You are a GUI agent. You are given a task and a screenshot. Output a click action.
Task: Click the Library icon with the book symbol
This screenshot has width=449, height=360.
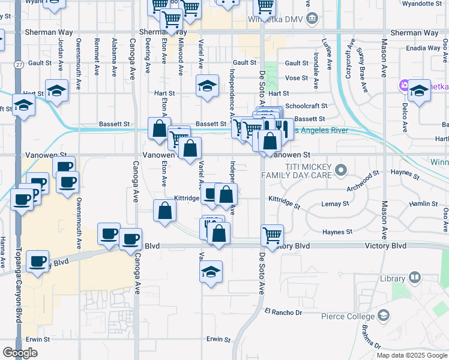click(415, 278)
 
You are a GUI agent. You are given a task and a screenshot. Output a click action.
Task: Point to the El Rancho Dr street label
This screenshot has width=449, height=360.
click(283, 311)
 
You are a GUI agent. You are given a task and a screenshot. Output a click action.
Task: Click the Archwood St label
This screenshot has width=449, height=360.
click(364, 181)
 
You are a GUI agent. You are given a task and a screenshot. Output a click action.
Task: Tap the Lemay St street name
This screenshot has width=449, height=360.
click(336, 204)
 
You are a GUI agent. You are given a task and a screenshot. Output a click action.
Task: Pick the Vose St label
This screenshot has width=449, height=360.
click(297, 78)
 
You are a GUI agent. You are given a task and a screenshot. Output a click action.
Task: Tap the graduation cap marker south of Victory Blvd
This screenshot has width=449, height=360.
click(211, 271)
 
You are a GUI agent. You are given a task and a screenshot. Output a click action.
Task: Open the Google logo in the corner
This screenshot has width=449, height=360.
click(20, 353)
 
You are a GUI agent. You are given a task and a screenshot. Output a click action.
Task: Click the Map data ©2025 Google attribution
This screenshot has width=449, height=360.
click(411, 355)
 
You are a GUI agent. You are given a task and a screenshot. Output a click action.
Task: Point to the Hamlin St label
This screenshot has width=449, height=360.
click(423, 204)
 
